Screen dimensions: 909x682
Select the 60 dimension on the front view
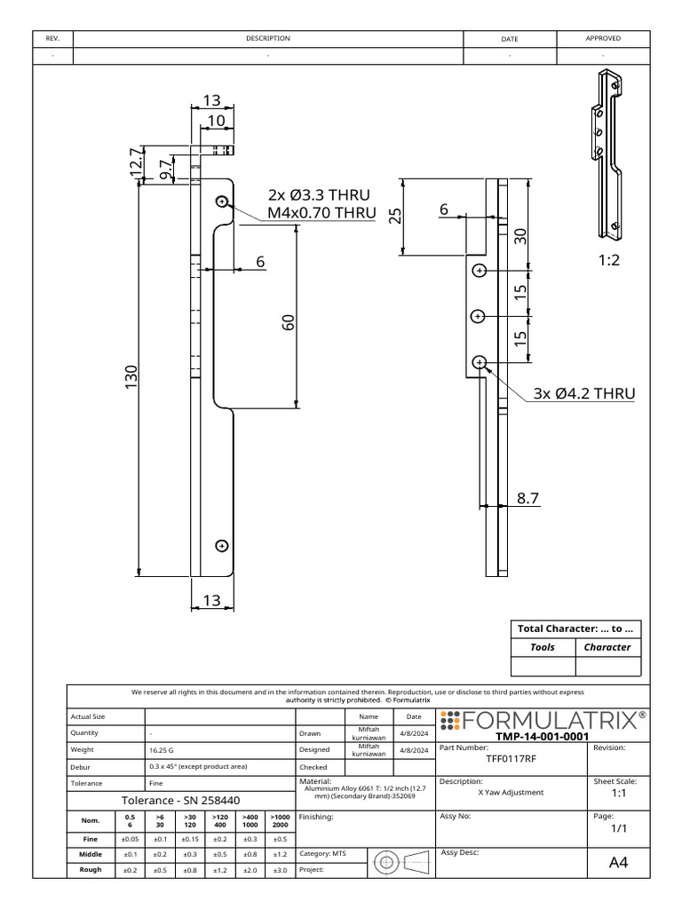pos(288,323)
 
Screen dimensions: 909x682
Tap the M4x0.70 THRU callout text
pos(321,213)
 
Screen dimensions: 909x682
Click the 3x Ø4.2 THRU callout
pos(584,393)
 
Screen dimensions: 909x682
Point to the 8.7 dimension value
pos(528,500)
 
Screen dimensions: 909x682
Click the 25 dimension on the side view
pos(395,217)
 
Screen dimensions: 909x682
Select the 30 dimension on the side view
pos(521,235)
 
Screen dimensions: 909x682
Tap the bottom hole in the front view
pos(221,546)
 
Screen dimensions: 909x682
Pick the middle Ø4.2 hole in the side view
pos(479,316)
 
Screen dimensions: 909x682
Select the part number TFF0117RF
pos(511,760)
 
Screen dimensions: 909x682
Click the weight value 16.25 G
pos(163,750)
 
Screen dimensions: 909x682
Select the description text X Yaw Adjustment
pos(511,793)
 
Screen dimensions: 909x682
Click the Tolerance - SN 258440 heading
pos(180,800)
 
